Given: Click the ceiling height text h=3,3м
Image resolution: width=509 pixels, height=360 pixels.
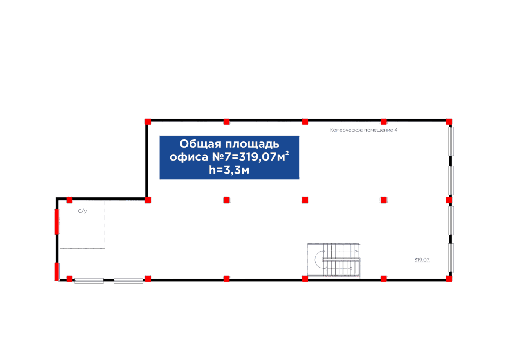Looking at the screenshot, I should (229, 170).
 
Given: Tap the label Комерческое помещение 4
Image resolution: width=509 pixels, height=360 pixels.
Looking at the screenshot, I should (363, 130).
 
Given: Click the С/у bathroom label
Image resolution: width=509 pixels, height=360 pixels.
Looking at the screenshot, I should (81, 211).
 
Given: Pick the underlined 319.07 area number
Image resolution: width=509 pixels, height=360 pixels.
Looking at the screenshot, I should (422, 260).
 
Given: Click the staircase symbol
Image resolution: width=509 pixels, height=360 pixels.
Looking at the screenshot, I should (334, 260).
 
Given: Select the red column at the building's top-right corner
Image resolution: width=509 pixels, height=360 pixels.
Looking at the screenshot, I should (449, 121).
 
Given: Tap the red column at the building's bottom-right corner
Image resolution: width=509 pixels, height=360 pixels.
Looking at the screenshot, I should (449, 279).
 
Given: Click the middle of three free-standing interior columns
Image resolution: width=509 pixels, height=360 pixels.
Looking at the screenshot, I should (305, 200).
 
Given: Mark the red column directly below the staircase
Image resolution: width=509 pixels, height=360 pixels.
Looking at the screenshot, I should (305, 279).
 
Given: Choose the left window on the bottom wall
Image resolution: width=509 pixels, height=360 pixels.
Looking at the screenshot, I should (89, 280).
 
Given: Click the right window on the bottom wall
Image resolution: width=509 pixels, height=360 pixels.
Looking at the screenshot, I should (128, 280).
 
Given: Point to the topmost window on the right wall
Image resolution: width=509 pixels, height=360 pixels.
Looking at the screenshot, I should (451, 141).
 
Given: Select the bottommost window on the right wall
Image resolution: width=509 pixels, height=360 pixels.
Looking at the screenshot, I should (451, 257).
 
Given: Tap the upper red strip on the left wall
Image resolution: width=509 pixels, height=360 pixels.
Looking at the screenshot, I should (57, 222).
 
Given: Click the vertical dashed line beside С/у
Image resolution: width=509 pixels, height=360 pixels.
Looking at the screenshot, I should (105, 223).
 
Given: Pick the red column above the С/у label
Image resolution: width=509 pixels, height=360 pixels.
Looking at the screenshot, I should (69, 200).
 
